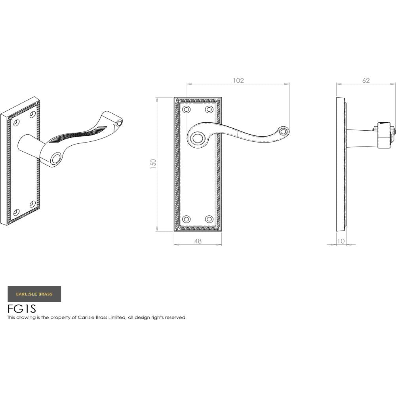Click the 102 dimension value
click(x=238, y=80)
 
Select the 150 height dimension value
click(x=154, y=164)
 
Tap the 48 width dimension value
click(x=198, y=241)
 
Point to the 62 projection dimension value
click(x=366, y=80)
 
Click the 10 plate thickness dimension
click(x=341, y=241)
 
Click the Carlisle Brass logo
click(x=34, y=294)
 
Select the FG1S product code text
click(x=22, y=308)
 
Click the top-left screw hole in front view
click(x=186, y=109)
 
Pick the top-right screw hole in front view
click(x=209, y=109)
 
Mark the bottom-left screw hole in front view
click(x=186, y=219)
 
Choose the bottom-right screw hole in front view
click(x=209, y=219)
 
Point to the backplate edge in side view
click(x=340, y=164)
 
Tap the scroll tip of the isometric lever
click(x=118, y=123)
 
